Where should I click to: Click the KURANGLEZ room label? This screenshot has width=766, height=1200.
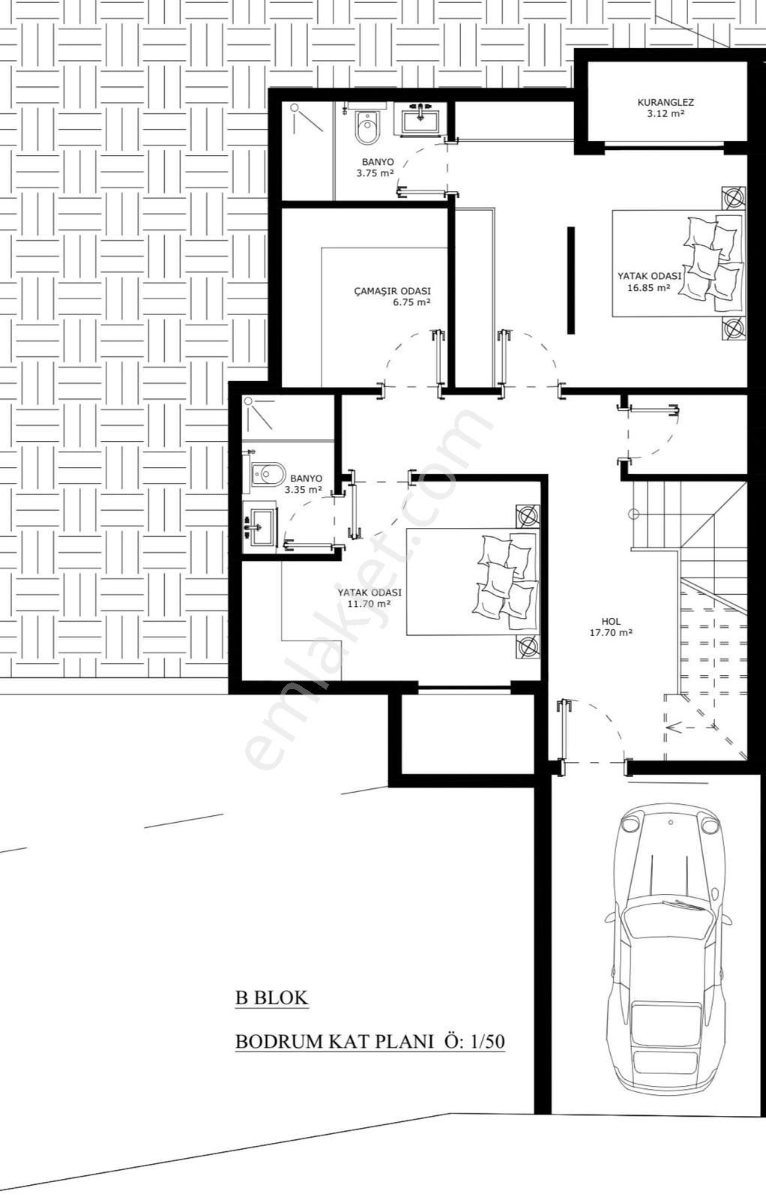[666, 102]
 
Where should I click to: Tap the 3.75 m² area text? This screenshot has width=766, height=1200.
[376, 173]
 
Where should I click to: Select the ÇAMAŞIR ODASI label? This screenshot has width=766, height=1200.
[392, 291]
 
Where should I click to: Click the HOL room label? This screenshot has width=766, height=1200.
[611, 621]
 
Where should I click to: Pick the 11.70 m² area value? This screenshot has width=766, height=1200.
[369, 603]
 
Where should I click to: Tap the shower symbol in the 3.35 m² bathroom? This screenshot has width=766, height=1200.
[259, 414]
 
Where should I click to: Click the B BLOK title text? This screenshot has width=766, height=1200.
[271, 997]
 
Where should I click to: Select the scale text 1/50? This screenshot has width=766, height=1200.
[487, 1042]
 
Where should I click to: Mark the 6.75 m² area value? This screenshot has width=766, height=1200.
[411, 303]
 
